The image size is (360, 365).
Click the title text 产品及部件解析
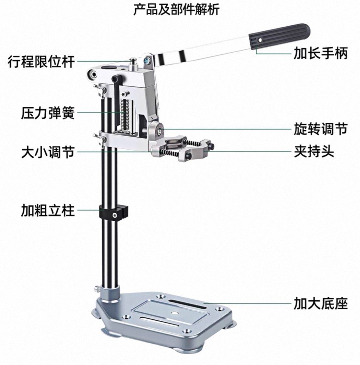click(176, 10)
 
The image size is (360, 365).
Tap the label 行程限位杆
click(41, 62)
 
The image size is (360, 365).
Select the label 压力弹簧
click(48, 113)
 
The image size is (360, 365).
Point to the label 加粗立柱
click(48, 211)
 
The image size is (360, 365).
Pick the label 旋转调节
click(320, 129)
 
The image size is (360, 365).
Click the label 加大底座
click(320, 303)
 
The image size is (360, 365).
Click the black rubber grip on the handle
click(280, 36)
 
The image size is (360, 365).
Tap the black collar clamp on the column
click(114, 212)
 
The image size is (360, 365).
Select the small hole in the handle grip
click(260, 40)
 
